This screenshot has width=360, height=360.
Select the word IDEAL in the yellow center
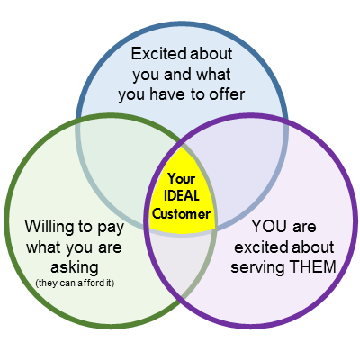click(182, 196)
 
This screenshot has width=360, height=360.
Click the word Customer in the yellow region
click(181, 214)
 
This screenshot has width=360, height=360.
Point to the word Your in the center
click(182, 178)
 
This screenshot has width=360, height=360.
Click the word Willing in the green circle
click(49, 226)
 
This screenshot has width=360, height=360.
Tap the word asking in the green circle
click(75, 267)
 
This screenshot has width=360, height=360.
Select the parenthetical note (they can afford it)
click(75, 283)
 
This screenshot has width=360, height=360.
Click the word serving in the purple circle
click(257, 267)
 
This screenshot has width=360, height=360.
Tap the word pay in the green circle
click(111, 228)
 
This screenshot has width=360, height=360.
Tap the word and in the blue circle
click(177, 74)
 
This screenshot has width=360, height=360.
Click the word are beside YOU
click(304, 228)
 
